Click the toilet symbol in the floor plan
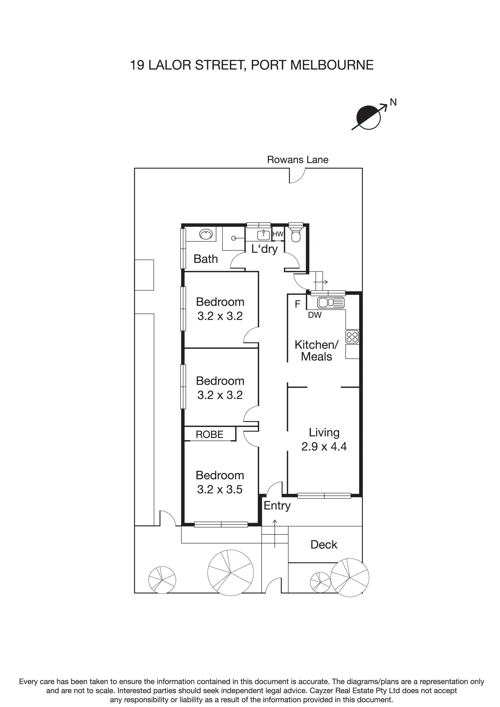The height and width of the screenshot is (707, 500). pyautogui.click(x=296, y=235)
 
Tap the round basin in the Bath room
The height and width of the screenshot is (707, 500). pyautogui.click(x=206, y=235)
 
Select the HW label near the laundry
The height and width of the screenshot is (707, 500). pyautogui.click(x=278, y=234)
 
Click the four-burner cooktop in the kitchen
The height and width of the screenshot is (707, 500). pyautogui.click(x=352, y=337)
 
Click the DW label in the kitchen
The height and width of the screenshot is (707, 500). pyautogui.click(x=315, y=315)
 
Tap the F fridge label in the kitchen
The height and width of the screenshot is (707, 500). pyautogui.click(x=297, y=304)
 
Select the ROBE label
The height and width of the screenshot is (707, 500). pyautogui.click(x=209, y=435)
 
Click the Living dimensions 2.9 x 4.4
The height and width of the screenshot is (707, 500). pyautogui.click(x=324, y=446)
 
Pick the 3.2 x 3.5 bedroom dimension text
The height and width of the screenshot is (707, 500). pyautogui.click(x=220, y=489)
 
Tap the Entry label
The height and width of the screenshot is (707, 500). pyautogui.click(x=277, y=506)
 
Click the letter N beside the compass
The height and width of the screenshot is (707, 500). pyautogui.click(x=393, y=102)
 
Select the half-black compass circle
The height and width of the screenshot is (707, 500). pyautogui.click(x=369, y=117)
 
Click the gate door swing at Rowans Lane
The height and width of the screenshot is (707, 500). pyautogui.click(x=297, y=176)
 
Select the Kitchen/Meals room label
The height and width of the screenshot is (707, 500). pyautogui.click(x=316, y=350)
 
